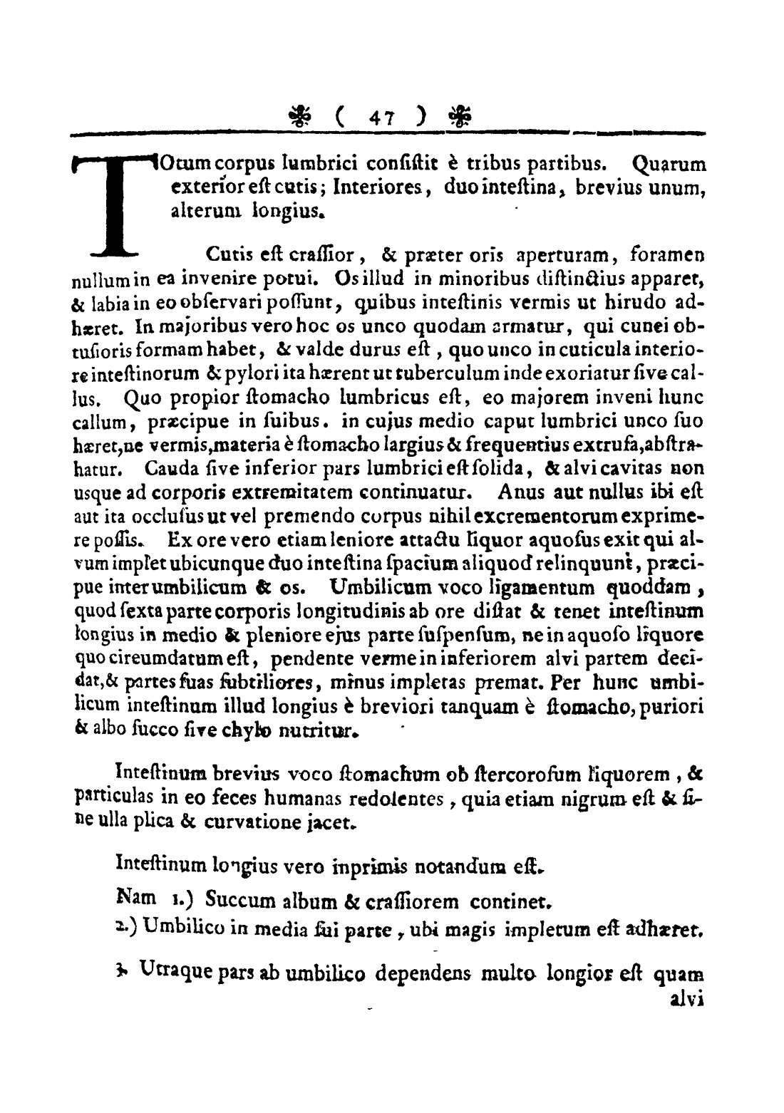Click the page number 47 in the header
pyautogui.click(x=376, y=114)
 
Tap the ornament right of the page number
pyautogui.click(x=453, y=114)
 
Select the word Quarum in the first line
pyautogui.click(x=669, y=165)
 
